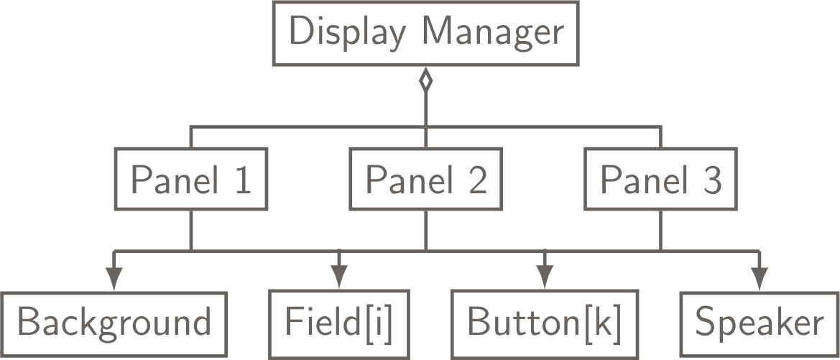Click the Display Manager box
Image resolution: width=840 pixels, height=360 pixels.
pos(425,34)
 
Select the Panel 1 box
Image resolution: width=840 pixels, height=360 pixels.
pos(190,180)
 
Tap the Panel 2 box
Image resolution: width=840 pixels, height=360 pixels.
pos(425,180)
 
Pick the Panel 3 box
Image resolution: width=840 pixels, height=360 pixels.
pos(660,180)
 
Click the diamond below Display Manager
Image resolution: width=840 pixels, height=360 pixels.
pos(425,80)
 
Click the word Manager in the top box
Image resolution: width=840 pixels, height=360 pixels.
pos(492,34)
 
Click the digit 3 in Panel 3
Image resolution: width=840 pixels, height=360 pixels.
pos(711,180)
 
